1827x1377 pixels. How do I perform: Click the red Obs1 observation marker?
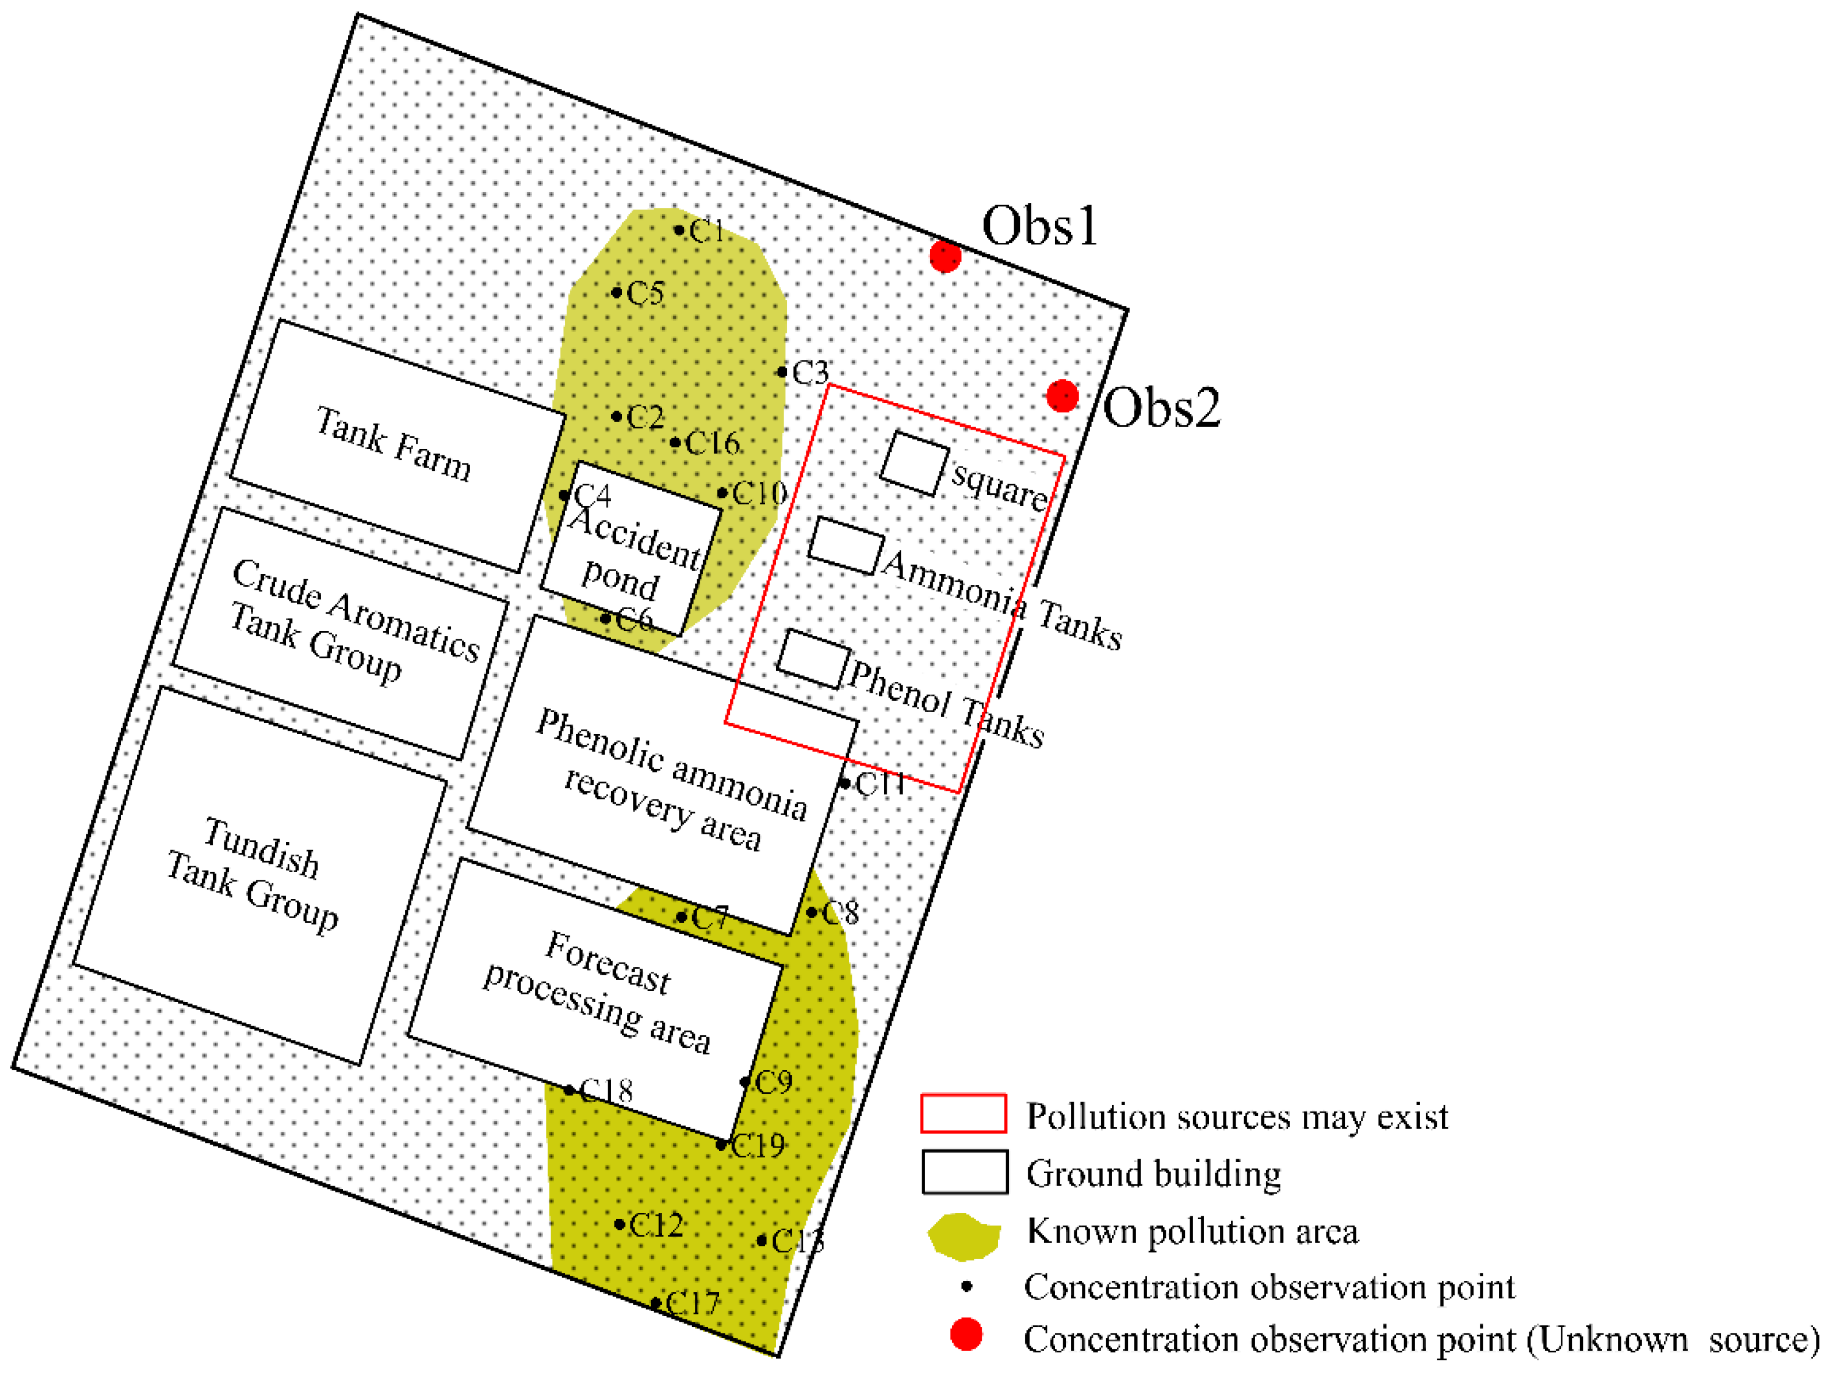tap(945, 257)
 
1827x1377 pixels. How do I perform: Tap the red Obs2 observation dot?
tap(1062, 395)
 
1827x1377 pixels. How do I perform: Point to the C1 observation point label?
tap(707, 232)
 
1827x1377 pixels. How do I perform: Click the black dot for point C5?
tap(617, 292)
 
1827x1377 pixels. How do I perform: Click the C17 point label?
tap(692, 1304)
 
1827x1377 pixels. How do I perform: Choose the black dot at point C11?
tap(844, 783)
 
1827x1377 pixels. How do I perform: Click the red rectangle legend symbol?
tap(963, 1114)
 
